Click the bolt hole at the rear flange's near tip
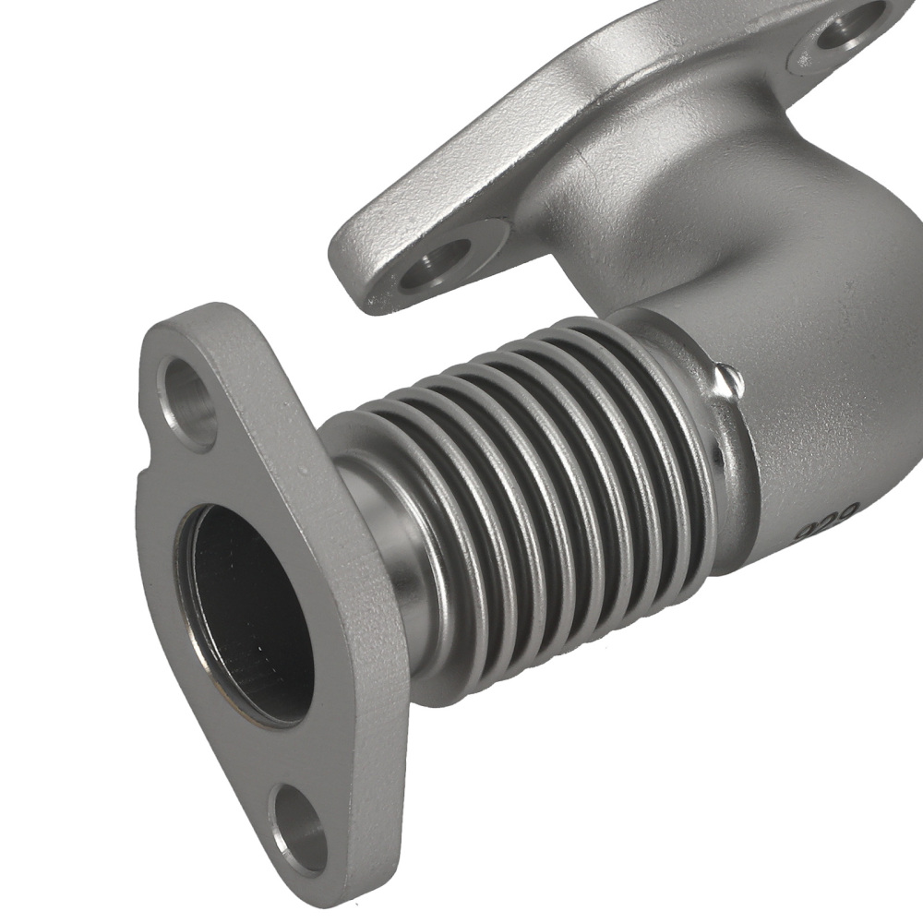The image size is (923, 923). click(x=437, y=262)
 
